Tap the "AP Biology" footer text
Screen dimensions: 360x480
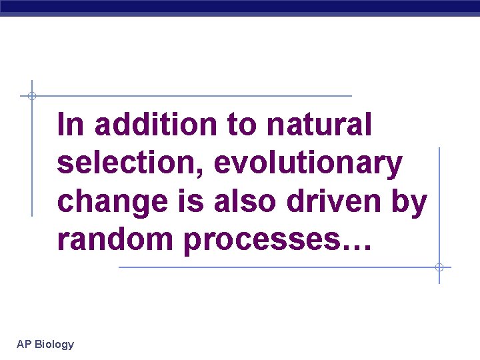45,344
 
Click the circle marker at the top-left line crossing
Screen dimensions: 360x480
31,96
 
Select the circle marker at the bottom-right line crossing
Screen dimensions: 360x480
439,267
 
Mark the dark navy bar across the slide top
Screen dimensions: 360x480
240,7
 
